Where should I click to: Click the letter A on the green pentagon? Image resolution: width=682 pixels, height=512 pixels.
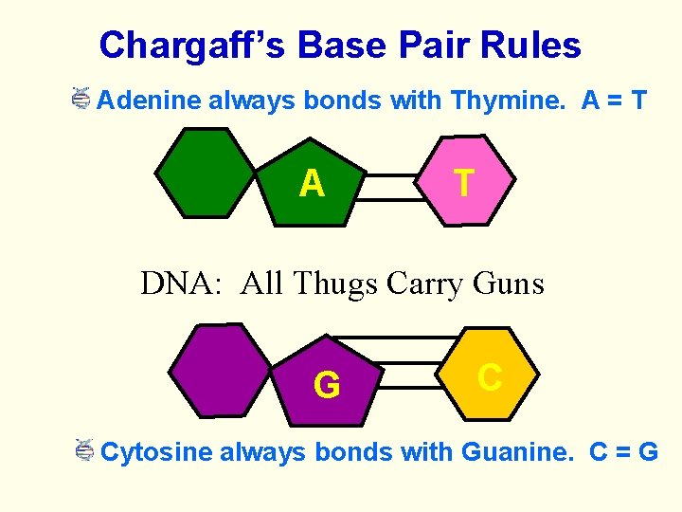coord(312,183)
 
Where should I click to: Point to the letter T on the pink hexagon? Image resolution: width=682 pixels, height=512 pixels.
coord(463,181)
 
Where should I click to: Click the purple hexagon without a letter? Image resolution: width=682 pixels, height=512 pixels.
coord(219,370)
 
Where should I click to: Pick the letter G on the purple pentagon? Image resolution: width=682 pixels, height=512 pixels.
coord(327,385)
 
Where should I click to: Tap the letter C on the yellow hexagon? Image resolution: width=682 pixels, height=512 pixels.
coord(490,376)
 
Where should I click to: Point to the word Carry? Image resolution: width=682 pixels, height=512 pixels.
coord(423,283)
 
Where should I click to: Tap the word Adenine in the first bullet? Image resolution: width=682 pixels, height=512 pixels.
coord(150,100)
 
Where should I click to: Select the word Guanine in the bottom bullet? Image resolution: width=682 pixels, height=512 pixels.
coord(517,451)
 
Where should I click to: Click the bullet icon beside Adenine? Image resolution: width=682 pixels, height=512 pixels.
coord(81,98)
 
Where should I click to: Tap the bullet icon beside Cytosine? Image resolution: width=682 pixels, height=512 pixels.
coord(84,449)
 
